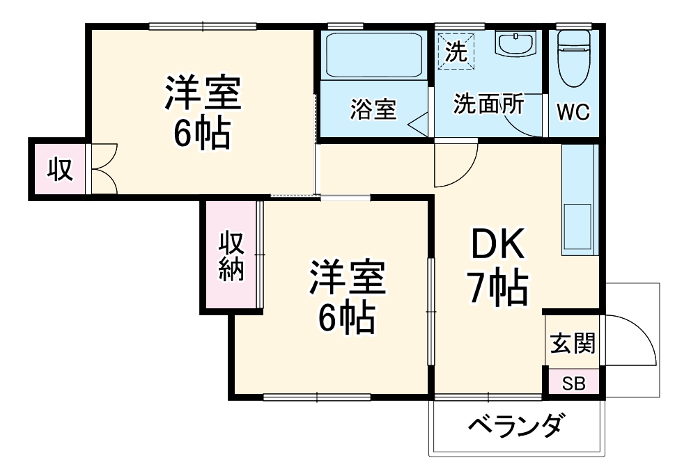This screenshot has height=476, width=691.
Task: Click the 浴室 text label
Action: [373, 109]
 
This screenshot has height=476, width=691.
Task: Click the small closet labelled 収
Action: [59, 168]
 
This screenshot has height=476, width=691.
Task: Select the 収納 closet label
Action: [231, 255]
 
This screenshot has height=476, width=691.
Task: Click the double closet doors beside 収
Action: [103, 168]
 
